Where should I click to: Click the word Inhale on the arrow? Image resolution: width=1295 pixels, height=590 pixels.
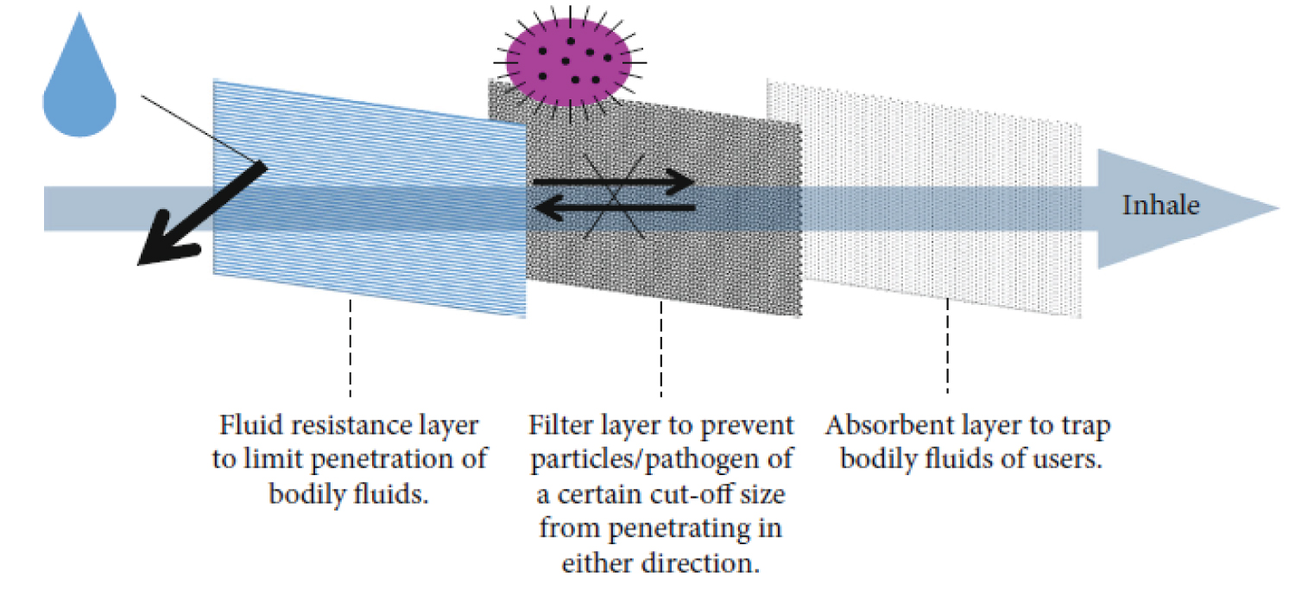click(1160, 206)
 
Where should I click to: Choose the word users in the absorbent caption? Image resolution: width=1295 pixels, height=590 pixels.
click(1071, 460)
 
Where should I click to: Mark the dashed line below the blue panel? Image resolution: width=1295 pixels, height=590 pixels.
click(351, 346)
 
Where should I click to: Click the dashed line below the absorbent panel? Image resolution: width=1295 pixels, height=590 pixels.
click(948, 346)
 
